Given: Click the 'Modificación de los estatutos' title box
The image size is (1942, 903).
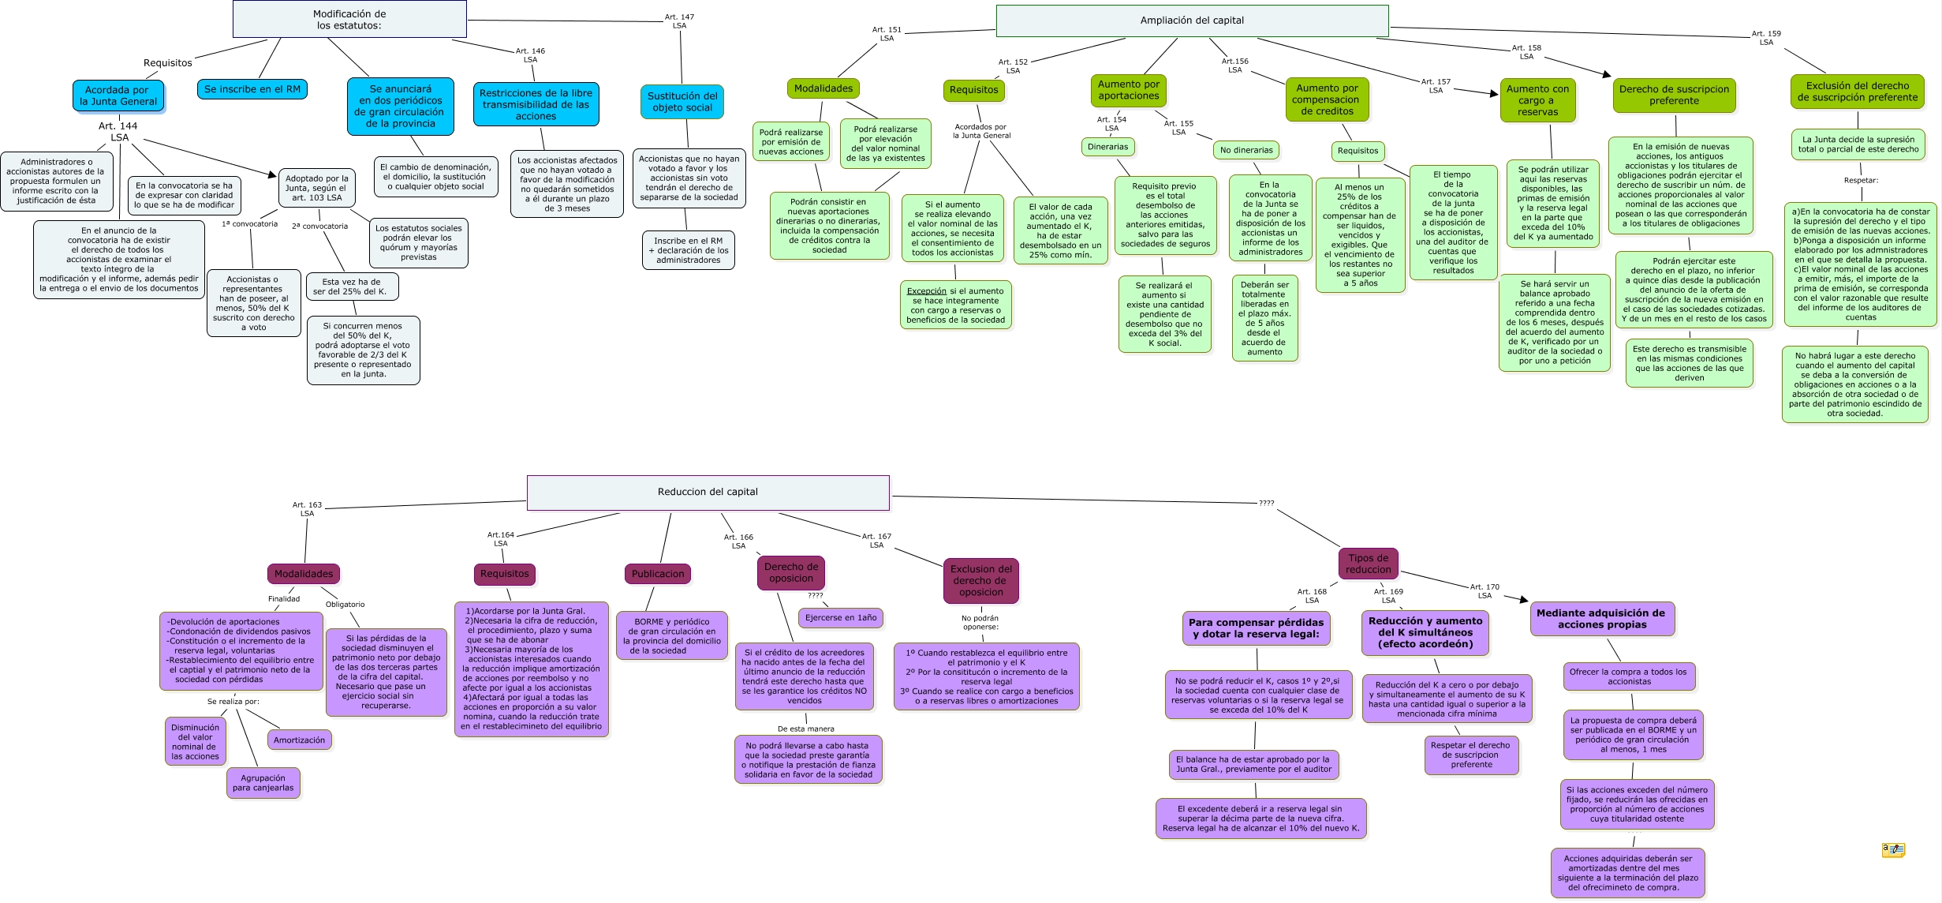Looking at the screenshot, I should click(x=349, y=19).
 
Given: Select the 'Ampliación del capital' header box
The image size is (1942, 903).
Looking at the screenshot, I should click(x=1191, y=21).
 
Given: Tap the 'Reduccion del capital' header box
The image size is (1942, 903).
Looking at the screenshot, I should click(x=708, y=492).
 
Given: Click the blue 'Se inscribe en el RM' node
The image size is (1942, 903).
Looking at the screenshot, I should click(x=252, y=89).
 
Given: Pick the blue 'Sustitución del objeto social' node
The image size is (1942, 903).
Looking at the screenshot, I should click(x=682, y=102).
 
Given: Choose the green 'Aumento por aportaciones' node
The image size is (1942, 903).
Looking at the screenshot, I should click(x=1129, y=90).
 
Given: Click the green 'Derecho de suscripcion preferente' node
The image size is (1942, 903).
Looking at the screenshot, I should click(x=1674, y=95).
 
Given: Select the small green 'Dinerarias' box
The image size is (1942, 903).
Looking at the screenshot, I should click(x=1107, y=147).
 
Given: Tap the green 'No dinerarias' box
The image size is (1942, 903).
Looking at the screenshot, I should click(x=1246, y=150).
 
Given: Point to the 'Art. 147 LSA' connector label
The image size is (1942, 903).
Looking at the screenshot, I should click(x=679, y=21).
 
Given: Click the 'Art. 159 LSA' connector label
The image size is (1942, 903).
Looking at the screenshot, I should click(x=1766, y=38).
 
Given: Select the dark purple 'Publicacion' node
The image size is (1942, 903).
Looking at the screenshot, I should click(x=658, y=574).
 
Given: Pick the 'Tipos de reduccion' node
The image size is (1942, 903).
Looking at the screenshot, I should click(x=1369, y=564).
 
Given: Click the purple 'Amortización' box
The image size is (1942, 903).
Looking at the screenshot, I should click(x=299, y=740).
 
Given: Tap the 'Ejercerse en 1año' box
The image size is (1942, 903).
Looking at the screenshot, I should click(x=840, y=618).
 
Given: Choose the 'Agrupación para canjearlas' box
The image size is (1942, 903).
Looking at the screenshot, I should click(x=263, y=783).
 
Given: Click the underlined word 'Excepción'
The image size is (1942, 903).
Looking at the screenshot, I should click(x=926, y=291).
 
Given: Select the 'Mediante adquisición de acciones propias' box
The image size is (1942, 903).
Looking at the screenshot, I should click(x=1601, y=619).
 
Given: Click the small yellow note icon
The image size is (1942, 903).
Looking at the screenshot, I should click(x=1892, y=850).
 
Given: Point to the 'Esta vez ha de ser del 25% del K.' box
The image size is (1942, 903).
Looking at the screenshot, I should click(x=351, y=287).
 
